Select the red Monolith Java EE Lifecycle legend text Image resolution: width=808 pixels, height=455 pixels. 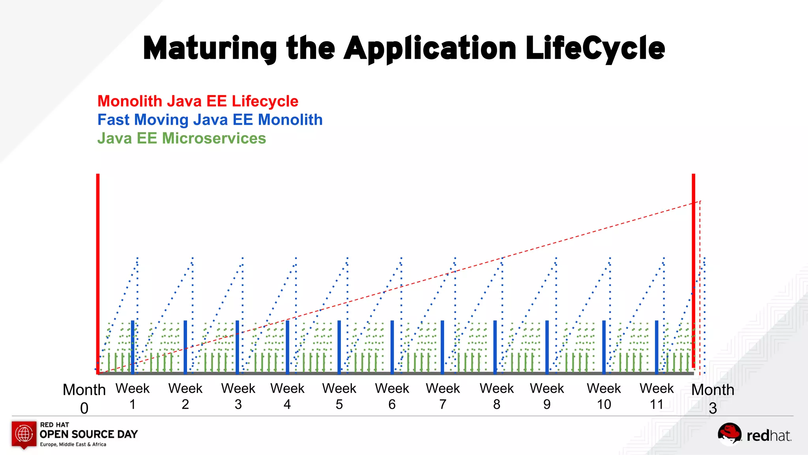point(198,102)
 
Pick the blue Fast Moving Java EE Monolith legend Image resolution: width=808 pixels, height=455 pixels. point(210,120)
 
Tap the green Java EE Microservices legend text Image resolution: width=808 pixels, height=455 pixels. point(181,138)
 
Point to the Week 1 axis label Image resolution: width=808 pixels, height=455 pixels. point(133,396)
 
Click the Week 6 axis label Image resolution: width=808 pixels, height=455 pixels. point(392,396)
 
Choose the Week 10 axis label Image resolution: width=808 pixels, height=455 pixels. point(604,396)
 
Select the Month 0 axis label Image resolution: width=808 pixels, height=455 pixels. point(84,398)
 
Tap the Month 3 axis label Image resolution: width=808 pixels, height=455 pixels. point(713,398)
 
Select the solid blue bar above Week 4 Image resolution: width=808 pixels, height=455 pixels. point(288,347)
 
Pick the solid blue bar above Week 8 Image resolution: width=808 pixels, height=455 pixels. point(495,347)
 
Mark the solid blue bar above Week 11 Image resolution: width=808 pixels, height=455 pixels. point(656,347)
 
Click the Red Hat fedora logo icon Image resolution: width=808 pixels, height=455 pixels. point(729,434)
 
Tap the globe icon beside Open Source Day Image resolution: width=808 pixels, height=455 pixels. point(24,434)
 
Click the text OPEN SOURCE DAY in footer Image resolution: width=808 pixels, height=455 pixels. point(89,434)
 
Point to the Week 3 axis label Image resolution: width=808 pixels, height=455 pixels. point(238,396)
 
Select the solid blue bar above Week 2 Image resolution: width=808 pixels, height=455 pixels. point(185,347)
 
